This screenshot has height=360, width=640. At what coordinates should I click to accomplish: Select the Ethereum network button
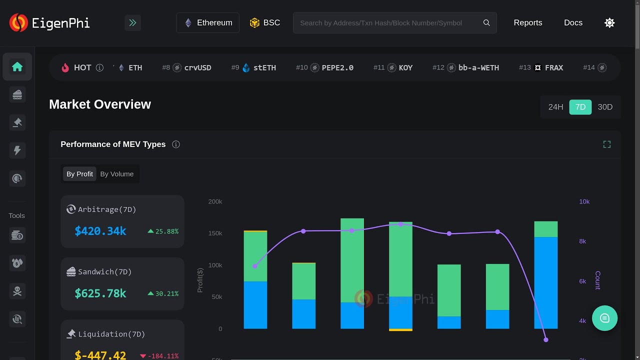[x=208, y=22]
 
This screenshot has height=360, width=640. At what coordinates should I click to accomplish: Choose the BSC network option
[x=265, y=22]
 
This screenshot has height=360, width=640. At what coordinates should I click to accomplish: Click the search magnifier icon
[x=486, y=22]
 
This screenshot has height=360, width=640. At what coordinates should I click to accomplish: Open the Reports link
[x=527, y=22]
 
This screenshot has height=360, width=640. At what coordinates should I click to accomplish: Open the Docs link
[x=573, y=22]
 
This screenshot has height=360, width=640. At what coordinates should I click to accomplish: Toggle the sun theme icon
[x=609, y=22]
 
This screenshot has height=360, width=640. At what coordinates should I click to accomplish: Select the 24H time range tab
[x=555, y=107]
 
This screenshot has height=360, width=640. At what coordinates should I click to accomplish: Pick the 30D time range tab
[x=605, y=107]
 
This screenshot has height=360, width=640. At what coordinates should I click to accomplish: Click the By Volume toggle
[x=116, y=174]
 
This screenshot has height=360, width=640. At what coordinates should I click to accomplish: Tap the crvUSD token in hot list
[x=197, y=67]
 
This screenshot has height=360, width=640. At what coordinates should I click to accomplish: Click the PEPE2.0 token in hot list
[x=337, y=67]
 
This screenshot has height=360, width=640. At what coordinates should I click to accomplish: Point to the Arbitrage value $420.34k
[x=100, y=231]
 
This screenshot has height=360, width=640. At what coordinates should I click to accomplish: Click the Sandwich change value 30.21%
[x=166, y=293]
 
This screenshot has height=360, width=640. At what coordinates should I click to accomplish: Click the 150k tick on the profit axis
[x=215, y=233]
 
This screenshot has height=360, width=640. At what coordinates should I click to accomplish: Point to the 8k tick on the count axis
[x=582, y=241]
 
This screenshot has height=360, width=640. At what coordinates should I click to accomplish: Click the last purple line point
[x=545, y=339]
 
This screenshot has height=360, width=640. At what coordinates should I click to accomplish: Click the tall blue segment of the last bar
[x=545, y=282]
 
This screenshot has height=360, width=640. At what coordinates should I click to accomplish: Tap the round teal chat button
[x=604, y=318]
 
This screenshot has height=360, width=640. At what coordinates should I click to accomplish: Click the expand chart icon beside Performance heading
[x=606, y=144]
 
